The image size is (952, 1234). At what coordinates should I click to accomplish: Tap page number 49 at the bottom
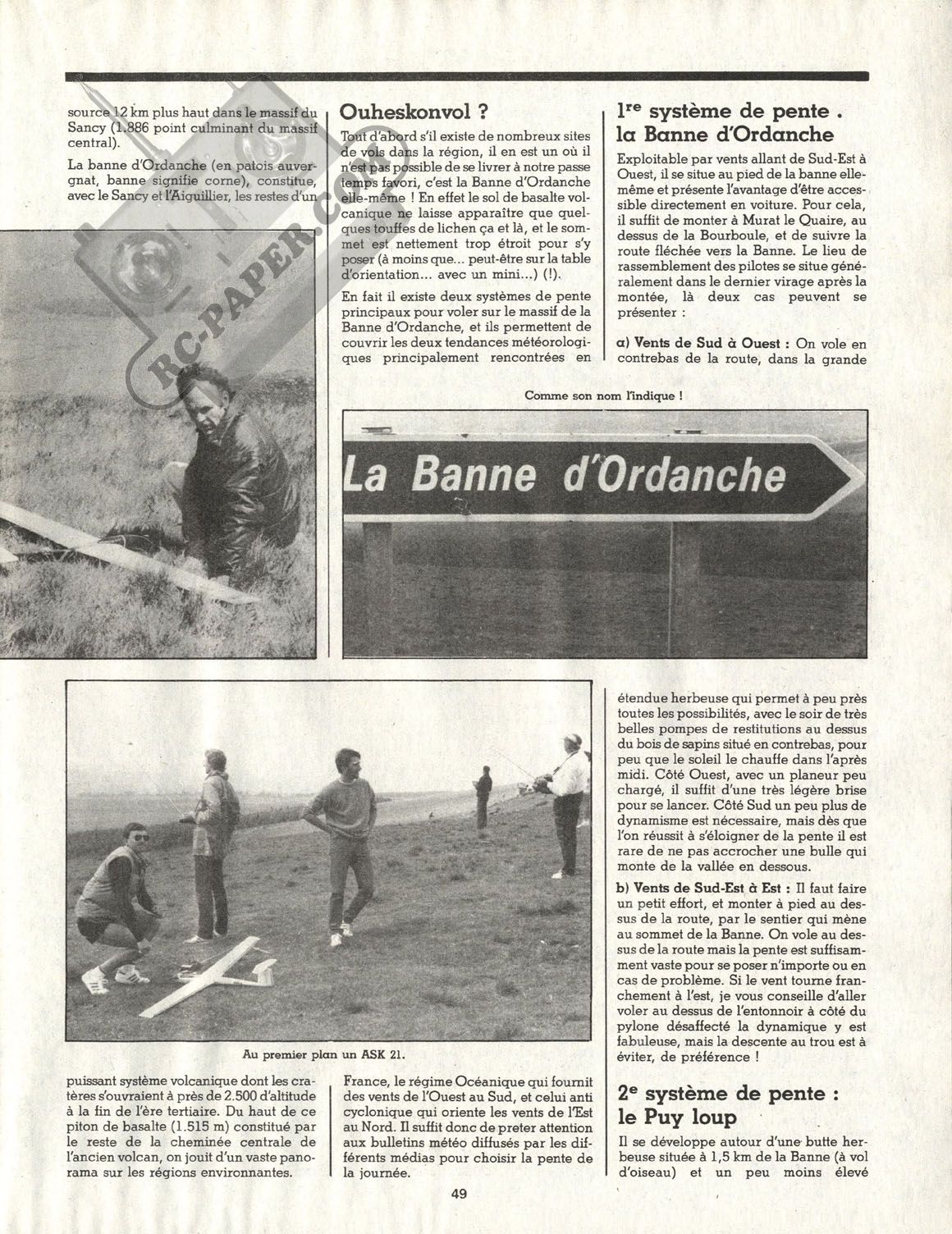pyautogui.click(x=458, y=1216)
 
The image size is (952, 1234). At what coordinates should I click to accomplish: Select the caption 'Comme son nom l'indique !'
pyautogui.click(x=605, y=395)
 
